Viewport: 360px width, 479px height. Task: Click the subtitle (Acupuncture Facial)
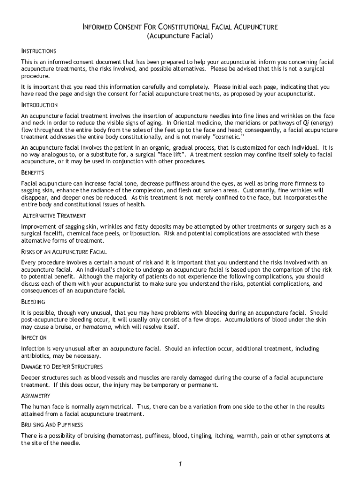pyautogui.click(x=180, y=36)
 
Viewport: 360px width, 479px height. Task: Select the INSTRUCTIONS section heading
pyautogui.click(x=38, y=51)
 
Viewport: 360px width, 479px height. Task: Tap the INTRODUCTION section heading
pyautogui.click(x=39, y=105)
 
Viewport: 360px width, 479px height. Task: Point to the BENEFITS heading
pyautogui.click(x=33, y=173)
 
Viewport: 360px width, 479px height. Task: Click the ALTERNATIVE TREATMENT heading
pyautogui.click(x=54, y=216)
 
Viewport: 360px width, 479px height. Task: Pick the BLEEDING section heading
pyautogui.click(x=33, y=302)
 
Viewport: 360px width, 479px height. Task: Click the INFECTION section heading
pyautogui.click(x=34, y=338)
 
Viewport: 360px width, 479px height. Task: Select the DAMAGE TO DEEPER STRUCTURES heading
pyautogui.click(x=62, y=367)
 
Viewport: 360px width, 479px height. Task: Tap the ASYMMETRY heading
pyautogui.click(x=36, y=396)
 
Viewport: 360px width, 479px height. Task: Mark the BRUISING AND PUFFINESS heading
pyautogui.click(x=52, y=425)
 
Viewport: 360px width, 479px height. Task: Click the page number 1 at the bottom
pyautogui.click(x=180, y=464)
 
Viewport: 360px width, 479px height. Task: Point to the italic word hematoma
pyautogui.click(x=97, y=327)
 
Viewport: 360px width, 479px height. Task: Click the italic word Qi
pyautogui.click(x=293, y=123)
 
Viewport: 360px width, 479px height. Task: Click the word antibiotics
pyautogui.click(x=36, y=356)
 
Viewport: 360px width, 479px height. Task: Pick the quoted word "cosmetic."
pyautogui.click(x=230, y=137)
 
